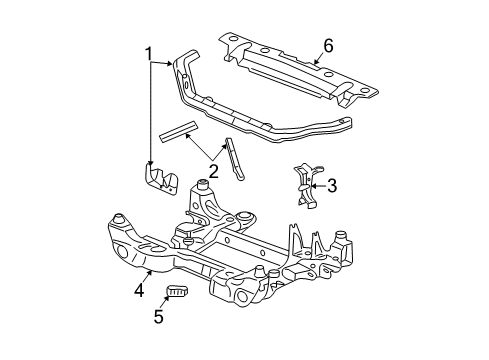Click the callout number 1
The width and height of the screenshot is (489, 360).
[148, 53]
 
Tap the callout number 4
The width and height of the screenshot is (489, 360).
[139, 291]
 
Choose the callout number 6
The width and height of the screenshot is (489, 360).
[326, 46]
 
